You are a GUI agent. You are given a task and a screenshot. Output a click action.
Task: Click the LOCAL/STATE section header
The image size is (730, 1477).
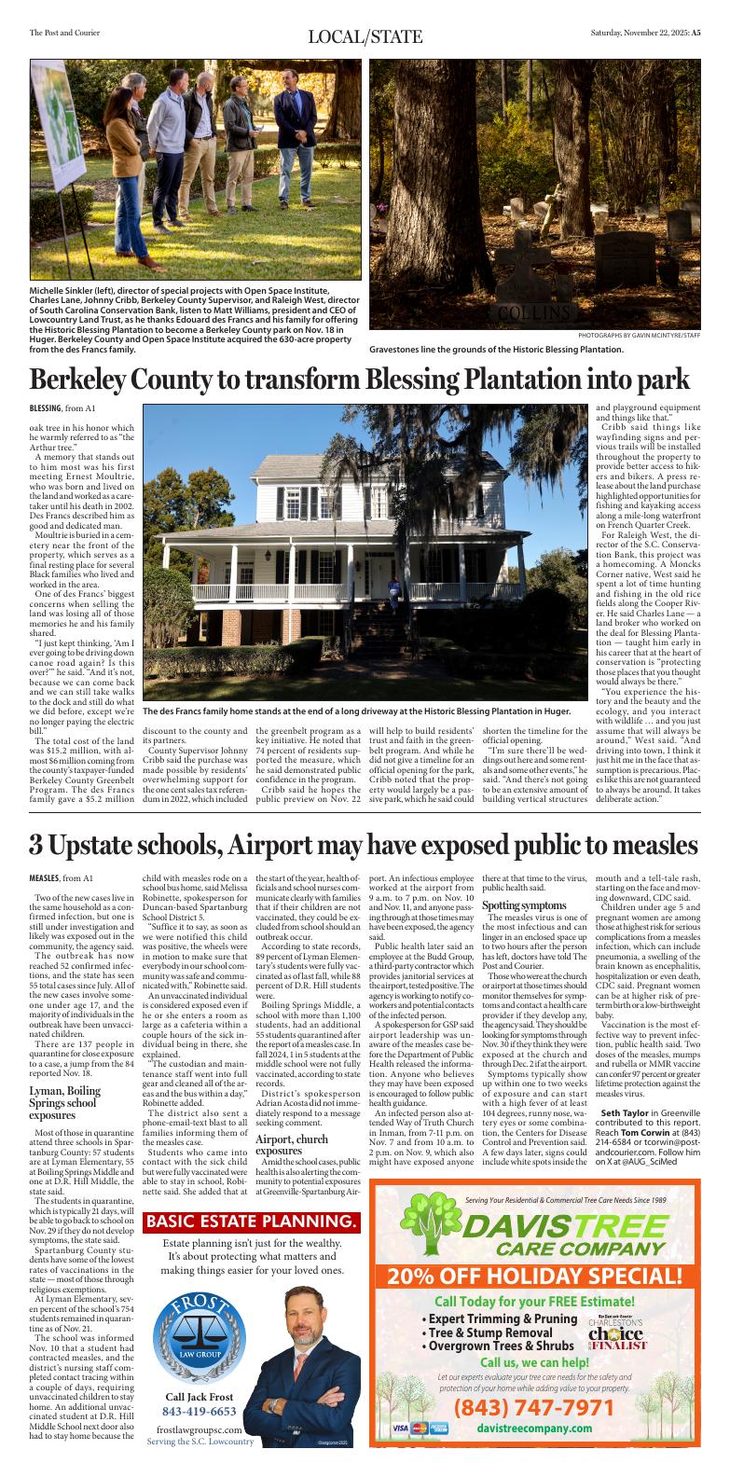pos(365,37)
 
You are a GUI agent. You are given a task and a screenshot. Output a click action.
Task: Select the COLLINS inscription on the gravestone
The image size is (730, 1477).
pos(533,311)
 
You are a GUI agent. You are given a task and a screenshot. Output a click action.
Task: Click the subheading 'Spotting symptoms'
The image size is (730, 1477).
pos(523,905)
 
